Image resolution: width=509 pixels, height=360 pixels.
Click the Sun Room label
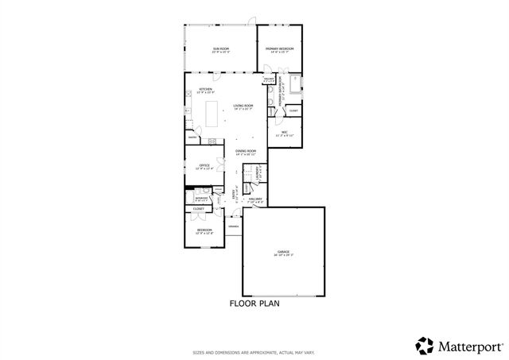coord(220,50)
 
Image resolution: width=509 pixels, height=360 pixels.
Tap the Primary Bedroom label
coord(280,49)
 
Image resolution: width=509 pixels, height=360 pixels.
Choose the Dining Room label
coord(246,151)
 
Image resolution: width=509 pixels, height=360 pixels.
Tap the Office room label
coord(204,166)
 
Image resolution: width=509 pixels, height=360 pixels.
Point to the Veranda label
coord(233,226)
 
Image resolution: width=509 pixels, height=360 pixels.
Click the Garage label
coord(284,253)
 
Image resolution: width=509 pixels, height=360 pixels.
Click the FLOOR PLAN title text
coord(254,304)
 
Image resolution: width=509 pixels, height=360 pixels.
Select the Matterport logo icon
coord(424,344)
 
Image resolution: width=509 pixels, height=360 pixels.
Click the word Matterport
coord(466,345)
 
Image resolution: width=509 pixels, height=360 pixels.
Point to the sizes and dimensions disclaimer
coord(254,352)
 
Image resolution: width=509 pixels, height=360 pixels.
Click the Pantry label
coord(193,137)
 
